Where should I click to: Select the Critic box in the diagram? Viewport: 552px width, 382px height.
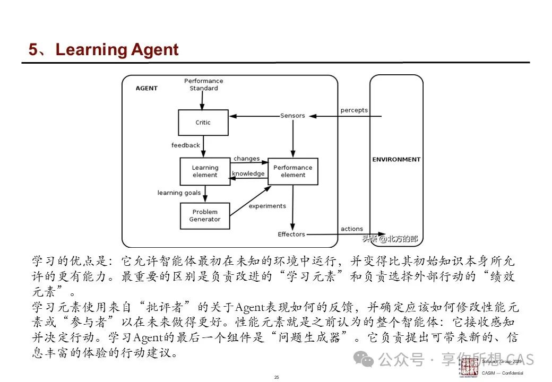click(203, 123)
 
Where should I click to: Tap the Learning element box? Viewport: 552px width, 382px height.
click(205, 171)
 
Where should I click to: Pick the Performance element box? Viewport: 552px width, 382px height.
click(293, 171)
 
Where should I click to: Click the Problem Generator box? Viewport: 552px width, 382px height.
click(205, 216)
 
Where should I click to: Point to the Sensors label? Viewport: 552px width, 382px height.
click(292, 116)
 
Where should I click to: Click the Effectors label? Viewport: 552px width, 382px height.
click(291, 234)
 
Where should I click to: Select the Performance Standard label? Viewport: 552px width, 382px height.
click(204, 84)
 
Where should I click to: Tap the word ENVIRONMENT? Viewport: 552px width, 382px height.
click(396, 159)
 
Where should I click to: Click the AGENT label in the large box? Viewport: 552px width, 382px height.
click(146, 88)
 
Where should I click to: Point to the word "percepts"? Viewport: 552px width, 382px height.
click(354, 110)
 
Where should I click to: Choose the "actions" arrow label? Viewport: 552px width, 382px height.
click(352, 229)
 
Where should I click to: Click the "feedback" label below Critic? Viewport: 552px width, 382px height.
click(186, 145)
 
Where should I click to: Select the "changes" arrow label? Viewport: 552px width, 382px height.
click(246, 159)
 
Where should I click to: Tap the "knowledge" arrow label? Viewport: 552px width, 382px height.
click(248, 173)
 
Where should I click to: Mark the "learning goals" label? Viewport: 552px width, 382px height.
click(179, 193)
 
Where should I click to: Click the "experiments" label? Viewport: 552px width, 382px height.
click(267, 206)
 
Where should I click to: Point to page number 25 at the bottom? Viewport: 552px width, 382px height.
click(277, 377)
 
